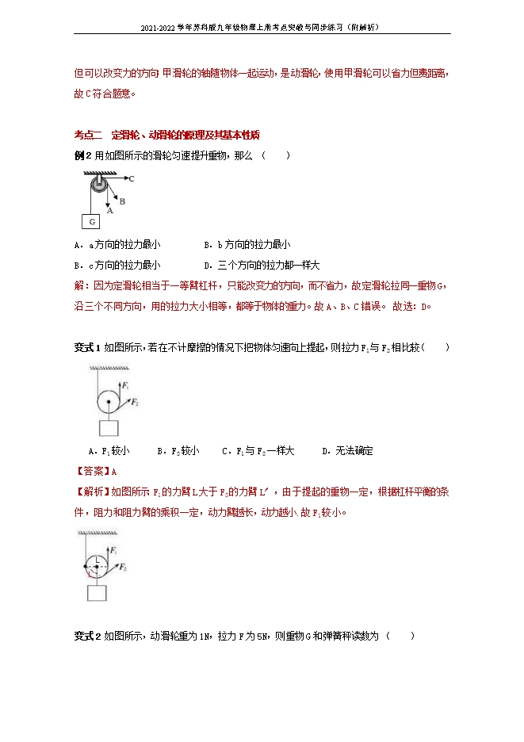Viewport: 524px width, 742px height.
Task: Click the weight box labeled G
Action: click(92, 220)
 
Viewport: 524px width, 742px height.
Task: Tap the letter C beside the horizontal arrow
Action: click(131, 179)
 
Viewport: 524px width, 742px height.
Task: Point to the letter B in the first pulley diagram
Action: click(123, 201)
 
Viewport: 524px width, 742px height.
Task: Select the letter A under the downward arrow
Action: click(110, 211)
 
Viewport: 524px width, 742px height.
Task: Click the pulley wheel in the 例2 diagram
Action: click(98, 187)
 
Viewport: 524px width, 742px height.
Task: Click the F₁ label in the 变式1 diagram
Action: click(124, 385)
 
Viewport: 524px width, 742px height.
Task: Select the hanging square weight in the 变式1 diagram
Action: click(108, 428)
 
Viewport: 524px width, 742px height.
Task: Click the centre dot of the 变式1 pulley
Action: click(108, 401)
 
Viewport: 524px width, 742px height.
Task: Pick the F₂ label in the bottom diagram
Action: click(124, 568)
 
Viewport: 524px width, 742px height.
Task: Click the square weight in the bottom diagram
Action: click(98, 593)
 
